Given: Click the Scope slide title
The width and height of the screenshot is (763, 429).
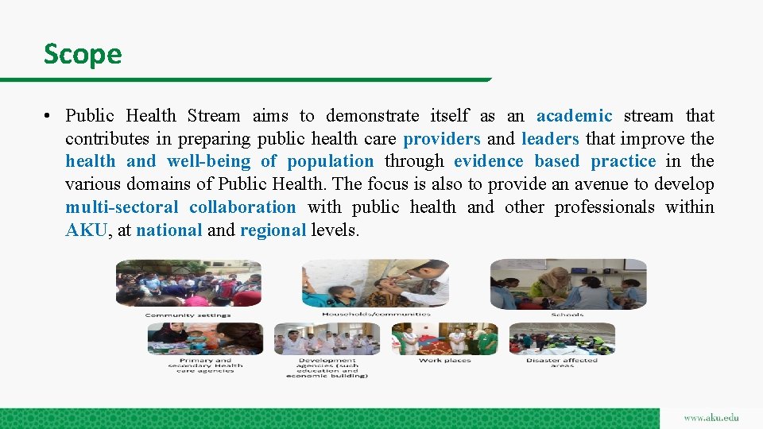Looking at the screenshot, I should tap(83, 55).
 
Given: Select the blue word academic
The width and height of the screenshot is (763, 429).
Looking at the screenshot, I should tap(574, 116).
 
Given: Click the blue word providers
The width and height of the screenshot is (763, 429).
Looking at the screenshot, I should tap(441, 139).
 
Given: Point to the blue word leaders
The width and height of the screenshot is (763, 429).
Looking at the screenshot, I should tap(550, 139).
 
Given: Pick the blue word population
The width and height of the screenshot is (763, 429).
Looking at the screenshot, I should tap(330, 161).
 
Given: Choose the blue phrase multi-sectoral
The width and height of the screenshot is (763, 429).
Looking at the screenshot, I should tap(121, 207).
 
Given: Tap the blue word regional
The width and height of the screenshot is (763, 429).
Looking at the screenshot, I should tap(273, 230).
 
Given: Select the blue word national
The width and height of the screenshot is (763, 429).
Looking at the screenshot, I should tap(169, 230).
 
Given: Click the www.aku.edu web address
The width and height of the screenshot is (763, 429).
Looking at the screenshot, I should tap(711, 418).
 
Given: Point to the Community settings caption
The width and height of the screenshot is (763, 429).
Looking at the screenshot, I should tap(188, 315).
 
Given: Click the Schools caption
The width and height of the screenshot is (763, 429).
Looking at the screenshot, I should tap(567, 315).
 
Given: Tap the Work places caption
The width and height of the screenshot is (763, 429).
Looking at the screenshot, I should tap(444, 360).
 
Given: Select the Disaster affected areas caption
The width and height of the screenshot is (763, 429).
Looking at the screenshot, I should tap(561, 362).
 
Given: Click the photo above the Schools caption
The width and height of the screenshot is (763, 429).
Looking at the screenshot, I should tap(567, 284).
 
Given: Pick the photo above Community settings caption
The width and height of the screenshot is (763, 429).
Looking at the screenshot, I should tap(188, 284).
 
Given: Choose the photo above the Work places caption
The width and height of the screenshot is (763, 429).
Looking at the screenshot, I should tap(445, 338).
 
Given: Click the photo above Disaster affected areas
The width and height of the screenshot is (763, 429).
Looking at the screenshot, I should tap(561, 338).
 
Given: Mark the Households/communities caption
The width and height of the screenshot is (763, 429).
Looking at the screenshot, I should tap(376, 314).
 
